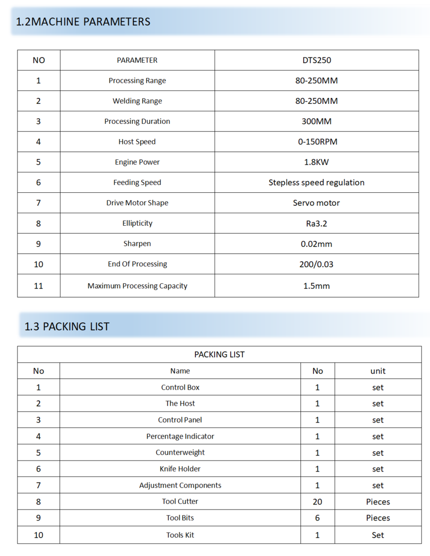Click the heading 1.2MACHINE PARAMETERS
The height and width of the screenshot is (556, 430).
click(x=83, y=22)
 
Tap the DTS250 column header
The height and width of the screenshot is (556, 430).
click(x=316, y=60)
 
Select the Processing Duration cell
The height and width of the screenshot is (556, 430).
click(x=137, y=121)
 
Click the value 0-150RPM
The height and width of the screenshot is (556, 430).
click(x=317, y=142)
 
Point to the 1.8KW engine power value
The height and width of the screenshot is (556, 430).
click(x=316, y=162)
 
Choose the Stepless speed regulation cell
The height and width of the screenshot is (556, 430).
click(x=316, y=183)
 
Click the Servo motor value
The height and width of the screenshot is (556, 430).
click(x=316, y=203)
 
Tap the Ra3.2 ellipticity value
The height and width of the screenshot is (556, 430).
click(x=316, y=224)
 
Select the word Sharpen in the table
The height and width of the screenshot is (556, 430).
click(x=137, y=244)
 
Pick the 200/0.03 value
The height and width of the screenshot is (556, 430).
click(x=316, y=264)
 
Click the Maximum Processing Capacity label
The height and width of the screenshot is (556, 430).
click(x=137, y=286)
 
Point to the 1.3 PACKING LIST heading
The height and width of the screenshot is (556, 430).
click(x=67, y=327)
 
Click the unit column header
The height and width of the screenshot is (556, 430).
click(x=377, y=371)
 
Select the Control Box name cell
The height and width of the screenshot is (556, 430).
click(x=180, y=388)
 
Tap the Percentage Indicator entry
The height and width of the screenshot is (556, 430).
click(x=180, y=437)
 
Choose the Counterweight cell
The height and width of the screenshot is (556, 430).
click(x=180, y=453)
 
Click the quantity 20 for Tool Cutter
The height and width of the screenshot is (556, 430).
click(x=317, y=502)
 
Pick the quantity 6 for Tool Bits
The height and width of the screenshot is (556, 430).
click(x=317, y=518)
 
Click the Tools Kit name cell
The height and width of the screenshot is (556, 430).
click(x=180, y=535)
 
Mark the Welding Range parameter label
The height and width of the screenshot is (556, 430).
click(x=137, y=101)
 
